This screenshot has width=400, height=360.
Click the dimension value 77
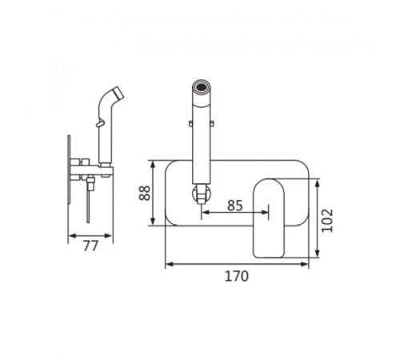(91, 246)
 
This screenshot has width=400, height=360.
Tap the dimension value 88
(145, 193)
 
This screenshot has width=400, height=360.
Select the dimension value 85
(235, 206)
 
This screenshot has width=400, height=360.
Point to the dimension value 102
(327, 221)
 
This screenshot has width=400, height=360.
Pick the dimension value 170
(237, 276)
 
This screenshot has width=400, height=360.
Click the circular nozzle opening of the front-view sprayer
(202, 86)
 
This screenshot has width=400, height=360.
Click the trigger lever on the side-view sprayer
(100, 122)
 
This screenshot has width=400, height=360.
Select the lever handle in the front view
(269, 218)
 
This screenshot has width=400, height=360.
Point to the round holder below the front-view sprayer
(202, 193)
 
